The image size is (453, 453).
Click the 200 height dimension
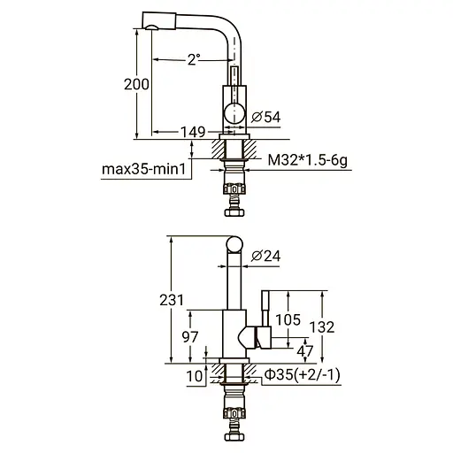(136, 84)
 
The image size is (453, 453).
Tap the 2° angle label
(193, 58)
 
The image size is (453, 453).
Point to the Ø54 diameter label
(266, 117)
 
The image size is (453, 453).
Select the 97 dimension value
(189, 336)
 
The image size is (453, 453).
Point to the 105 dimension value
(288, 319)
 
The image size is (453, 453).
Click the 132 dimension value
(325, 326)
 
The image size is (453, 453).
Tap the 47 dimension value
(306, 350)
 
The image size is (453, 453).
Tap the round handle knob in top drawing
(234, 112)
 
